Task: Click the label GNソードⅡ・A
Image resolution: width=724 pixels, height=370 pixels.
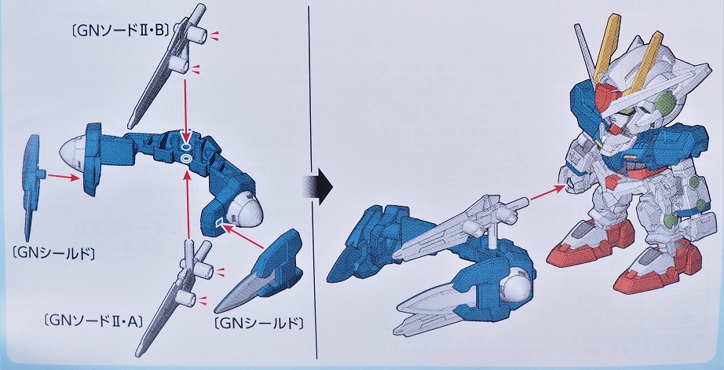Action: (94, 319)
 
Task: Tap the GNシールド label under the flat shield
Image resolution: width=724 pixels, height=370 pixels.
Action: (54, 253)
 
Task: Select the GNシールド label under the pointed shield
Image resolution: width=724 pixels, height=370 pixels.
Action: (259, 323)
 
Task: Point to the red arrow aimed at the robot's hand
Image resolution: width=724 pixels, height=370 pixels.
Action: (547, 192)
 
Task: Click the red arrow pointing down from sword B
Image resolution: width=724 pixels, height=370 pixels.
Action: (185, 111)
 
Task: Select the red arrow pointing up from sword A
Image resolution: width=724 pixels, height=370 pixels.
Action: (187, 203)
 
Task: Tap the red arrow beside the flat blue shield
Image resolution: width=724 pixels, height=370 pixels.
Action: (64, 177)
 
